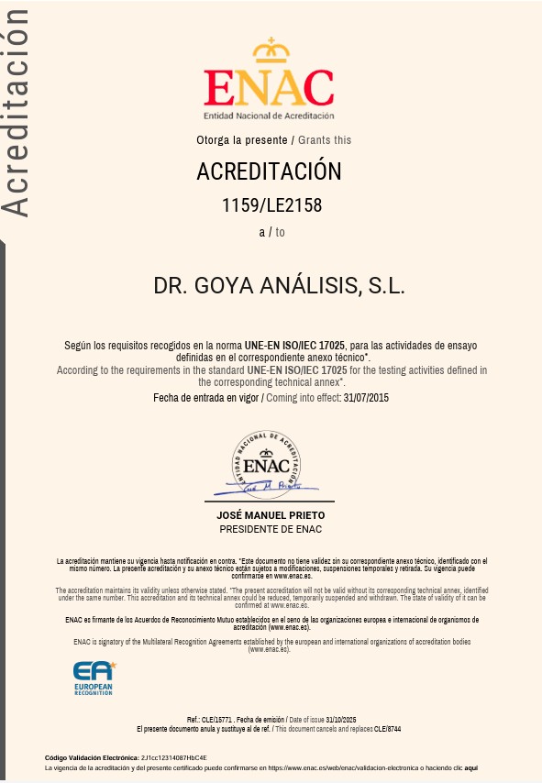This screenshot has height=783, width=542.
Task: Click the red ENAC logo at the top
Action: (269, 87)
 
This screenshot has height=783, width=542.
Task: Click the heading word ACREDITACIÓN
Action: (269, 171)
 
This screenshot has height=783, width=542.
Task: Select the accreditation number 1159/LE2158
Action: (272, 205)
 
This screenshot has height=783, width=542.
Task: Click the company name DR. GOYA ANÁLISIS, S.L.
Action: (279, 285)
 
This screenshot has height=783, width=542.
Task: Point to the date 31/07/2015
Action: (366, 398)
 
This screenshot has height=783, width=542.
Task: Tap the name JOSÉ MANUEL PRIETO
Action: (270, 516)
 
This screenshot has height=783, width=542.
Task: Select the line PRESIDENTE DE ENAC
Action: (271, 529)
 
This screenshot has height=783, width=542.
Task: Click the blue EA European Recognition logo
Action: (94, 677)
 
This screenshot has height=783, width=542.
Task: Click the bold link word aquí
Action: (471, 768)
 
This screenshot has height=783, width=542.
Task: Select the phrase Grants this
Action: (325, 140)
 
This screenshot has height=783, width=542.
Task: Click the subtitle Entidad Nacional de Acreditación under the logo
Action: (269, 116)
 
